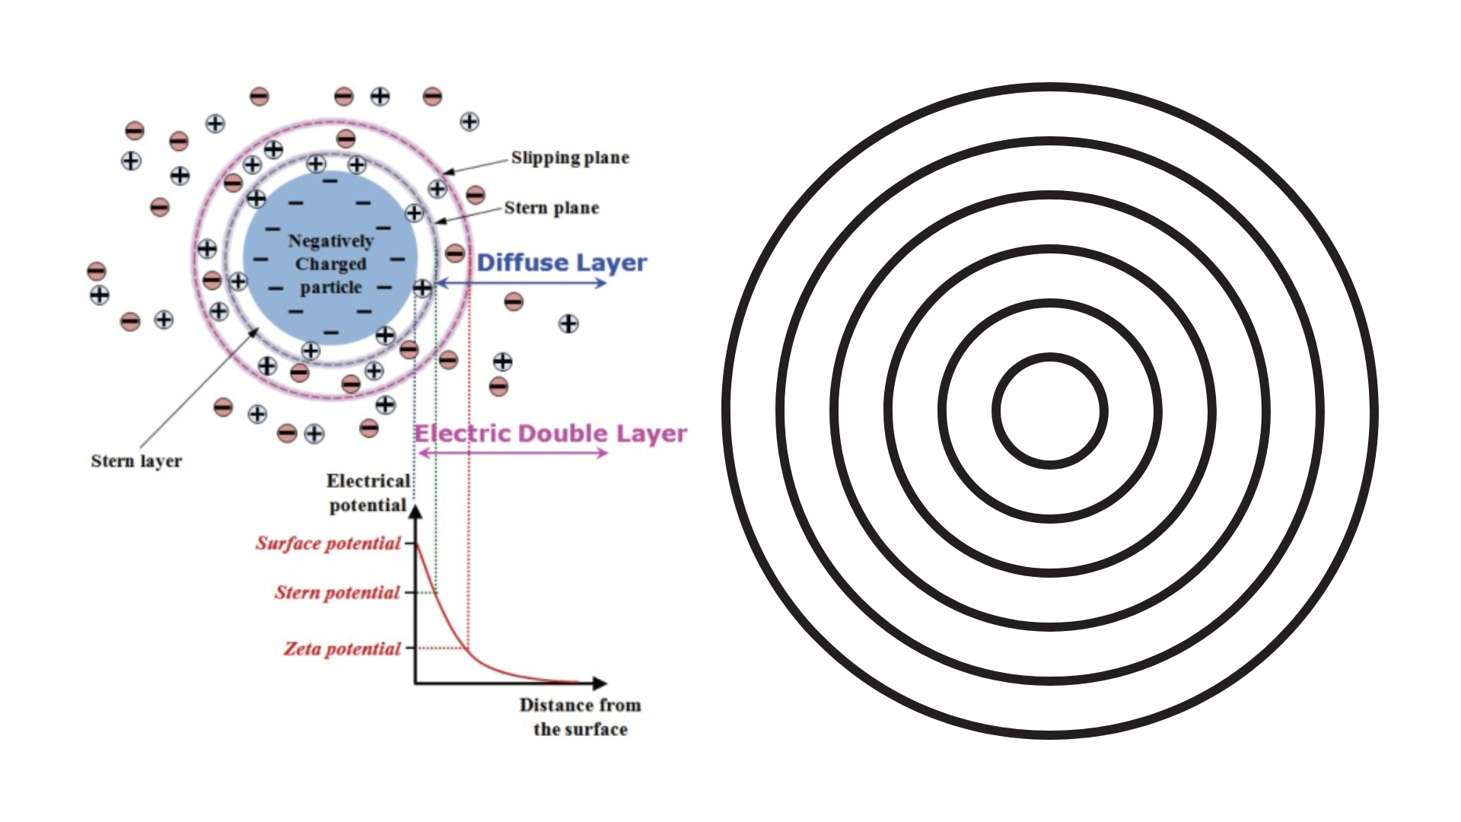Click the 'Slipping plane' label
[570, 158]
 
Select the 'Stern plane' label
[551, 208]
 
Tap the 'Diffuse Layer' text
[562, 263]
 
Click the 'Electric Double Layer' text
[550, 434]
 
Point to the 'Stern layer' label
[136, 461]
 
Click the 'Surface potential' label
[328, 543]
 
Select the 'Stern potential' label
[337, 593]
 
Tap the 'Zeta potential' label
[342, 649]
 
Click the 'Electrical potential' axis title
[368, 493]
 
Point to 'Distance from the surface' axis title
[580, 717]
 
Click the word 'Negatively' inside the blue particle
[330, 241]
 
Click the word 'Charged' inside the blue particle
[330, 264]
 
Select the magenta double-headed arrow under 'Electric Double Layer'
[514, 453]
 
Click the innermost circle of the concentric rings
[1050, 411]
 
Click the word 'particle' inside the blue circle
[330, 288]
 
